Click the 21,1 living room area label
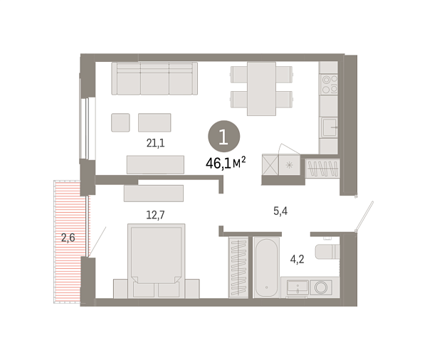coord(155,143)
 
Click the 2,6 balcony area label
coord(68,238)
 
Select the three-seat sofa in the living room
coord(154,78)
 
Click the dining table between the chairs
coord(261,88)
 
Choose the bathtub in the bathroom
coord(267,268)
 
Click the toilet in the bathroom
coord(328,253)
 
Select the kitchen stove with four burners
coord(328,85)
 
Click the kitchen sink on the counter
coord(328,129)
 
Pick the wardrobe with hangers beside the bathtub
coord(238,267)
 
